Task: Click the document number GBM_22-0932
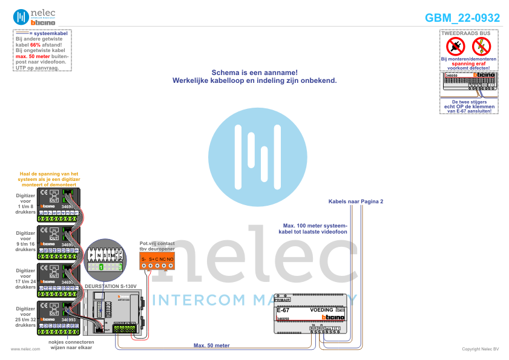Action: pyautogui.click(x=462, y=18)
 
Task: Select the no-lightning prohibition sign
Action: pyautogui.click(x=481, y=45)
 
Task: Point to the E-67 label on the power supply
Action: pyautogui.click(x=283, y=310)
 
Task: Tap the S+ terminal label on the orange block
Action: pyautogui.click(x=152, y=260)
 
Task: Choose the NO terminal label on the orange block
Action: pyautogui.click(x=170, y=260)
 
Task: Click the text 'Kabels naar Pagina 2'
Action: pyautogui.click(x=356, y=201)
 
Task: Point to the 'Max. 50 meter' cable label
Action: pyautogui.click(x=211, y=345)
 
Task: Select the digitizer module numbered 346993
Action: pyautogui.click(x=59, y=317)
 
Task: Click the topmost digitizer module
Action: pyautogui.click(x=59, y=201)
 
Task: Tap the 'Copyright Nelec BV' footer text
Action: pyautogui.click(x=480, y=349)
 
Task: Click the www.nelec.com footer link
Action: pyautogui.click(x=21, y=349)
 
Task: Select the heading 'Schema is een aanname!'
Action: pyautogui.click(x=254, y=72)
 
